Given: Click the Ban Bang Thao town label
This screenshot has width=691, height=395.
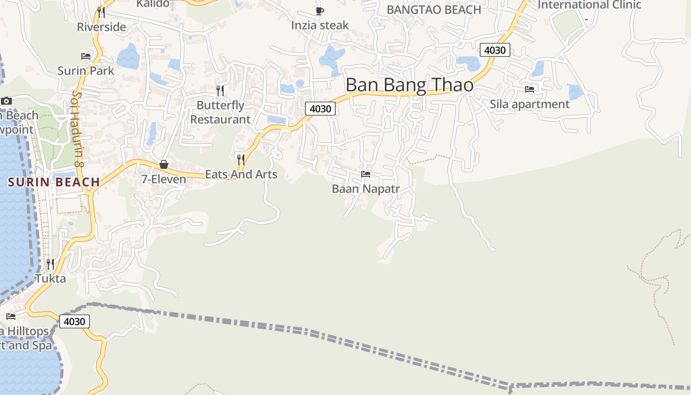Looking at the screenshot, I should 409,85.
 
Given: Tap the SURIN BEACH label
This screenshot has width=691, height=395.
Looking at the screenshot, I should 54,182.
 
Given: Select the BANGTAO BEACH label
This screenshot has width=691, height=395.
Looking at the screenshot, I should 433,9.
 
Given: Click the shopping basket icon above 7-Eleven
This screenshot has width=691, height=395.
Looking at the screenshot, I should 164,164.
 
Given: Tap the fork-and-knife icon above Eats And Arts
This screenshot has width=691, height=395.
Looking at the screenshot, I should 241,159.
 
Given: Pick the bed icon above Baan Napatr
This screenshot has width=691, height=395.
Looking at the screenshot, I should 365,174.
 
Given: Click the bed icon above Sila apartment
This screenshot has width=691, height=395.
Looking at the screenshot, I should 530,89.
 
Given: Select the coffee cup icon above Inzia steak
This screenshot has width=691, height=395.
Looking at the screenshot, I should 320,10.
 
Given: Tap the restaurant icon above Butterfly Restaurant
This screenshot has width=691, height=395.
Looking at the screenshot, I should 220,90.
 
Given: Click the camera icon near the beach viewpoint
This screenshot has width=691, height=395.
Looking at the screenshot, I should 6,101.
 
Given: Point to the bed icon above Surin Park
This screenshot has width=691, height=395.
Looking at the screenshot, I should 86,56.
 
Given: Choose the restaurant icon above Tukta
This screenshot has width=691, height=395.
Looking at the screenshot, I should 50,264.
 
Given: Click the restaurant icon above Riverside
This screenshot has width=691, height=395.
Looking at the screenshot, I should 101,12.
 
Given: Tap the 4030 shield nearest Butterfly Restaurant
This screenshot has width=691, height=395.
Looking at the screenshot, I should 320,109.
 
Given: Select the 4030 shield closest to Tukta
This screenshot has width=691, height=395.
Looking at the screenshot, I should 75,321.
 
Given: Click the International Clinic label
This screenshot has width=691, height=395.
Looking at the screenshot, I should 589,5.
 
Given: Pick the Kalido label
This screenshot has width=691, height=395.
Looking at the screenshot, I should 153,4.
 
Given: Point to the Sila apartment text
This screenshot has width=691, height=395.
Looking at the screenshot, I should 529,104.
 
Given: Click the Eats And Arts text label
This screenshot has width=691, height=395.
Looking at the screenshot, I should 241,174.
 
